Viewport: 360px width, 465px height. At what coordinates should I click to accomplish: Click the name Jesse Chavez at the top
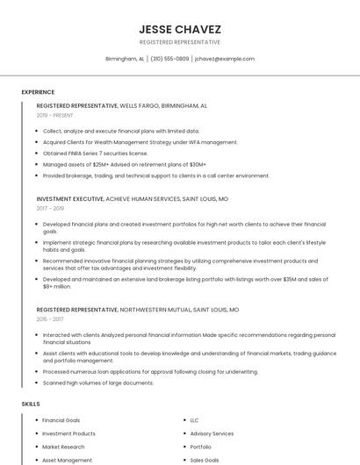tap(180, 29)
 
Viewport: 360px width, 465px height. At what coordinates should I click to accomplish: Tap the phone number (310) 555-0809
tap(169, 59)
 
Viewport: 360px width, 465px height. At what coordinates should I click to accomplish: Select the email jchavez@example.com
tap(225, 59)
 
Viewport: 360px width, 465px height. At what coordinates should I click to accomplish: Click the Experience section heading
tap(38, 92)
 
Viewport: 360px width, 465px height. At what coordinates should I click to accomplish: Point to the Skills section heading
tap(31, 404)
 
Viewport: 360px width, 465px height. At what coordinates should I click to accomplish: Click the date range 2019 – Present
tap(55, 115)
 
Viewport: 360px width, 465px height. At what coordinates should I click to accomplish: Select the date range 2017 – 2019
tap(50, 209)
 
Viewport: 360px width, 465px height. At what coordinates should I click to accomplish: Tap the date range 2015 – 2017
tap(50, 319)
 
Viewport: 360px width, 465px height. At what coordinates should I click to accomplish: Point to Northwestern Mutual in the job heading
tap(155, 310)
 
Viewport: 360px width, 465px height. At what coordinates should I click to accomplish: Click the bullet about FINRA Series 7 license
tap(95, 153)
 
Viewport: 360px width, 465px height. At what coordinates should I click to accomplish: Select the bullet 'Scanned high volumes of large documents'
tap(97, 383)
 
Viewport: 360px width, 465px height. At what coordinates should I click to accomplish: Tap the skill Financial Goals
tap(61, 420)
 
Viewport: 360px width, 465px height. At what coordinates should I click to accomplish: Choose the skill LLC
tap(195, 420)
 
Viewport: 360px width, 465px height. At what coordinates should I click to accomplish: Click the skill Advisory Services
tap(212, 433)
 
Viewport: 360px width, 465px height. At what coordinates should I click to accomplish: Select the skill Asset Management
tap(67, 460)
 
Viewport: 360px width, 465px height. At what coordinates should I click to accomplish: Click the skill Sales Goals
tap(205, 460)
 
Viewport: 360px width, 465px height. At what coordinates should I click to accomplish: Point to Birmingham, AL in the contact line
tap(125, 59)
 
